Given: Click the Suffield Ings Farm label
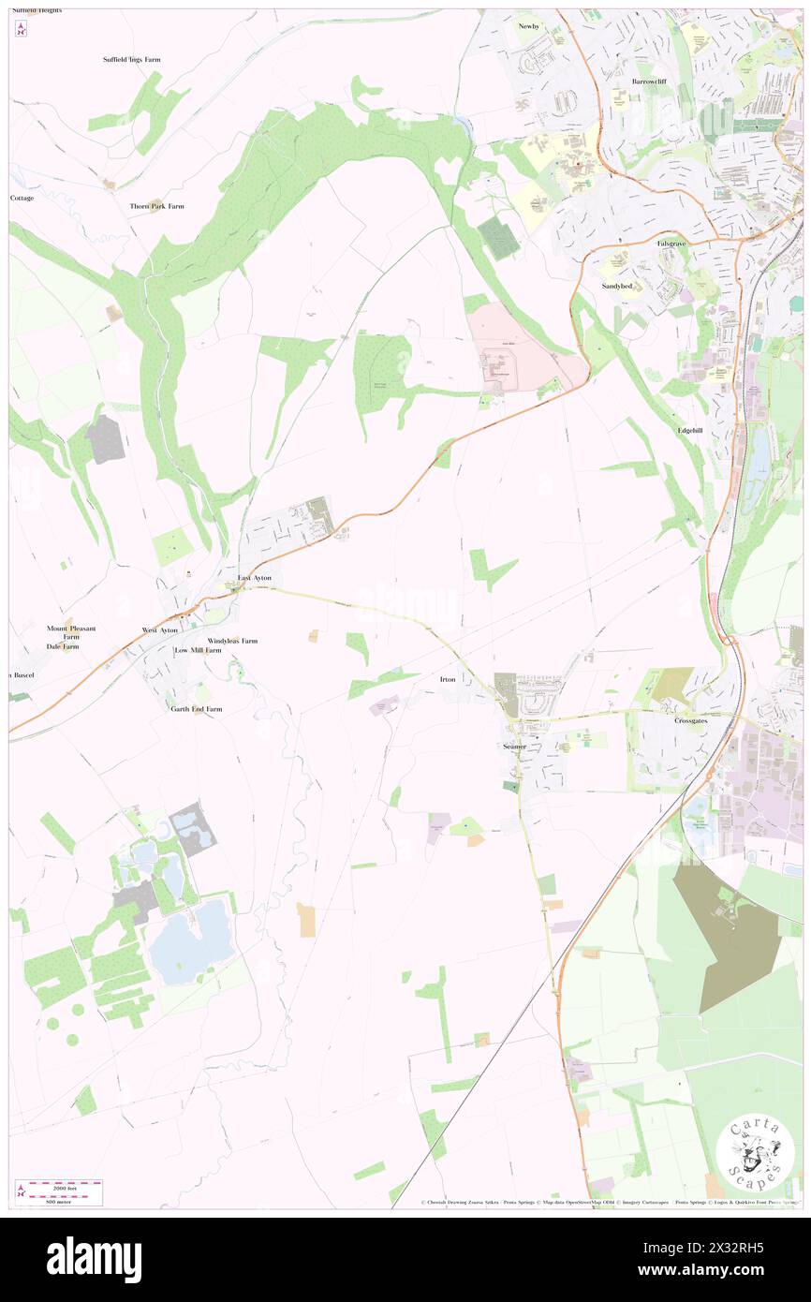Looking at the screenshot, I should tap(131, 60).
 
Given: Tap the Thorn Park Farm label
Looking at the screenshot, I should tap(157, 206).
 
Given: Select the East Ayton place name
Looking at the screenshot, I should tap(254, 578).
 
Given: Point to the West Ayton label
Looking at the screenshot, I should tap(159, 630).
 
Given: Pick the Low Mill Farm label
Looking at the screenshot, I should tap(198, 650).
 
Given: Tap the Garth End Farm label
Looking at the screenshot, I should tap(197, 709).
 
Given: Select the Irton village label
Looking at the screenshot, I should tap(448, 679).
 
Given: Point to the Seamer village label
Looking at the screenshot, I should tap(515, 747).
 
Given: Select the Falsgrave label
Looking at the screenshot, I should tap(671, 244).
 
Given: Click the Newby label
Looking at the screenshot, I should tap(529, 26).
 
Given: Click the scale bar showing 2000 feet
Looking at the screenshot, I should tap(61, 1187).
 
